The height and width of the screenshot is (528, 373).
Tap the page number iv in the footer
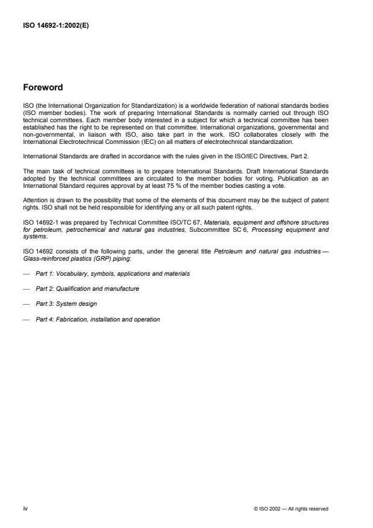click(25, 508)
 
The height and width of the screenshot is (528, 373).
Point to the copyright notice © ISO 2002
click(290, 509)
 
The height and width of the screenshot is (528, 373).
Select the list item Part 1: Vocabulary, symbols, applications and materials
click(113, 273)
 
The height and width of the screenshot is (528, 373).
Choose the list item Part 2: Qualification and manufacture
click(87, 288)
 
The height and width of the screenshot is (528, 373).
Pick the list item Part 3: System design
click(66, 303)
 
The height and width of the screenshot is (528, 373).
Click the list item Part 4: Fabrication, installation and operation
click(98, 319)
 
